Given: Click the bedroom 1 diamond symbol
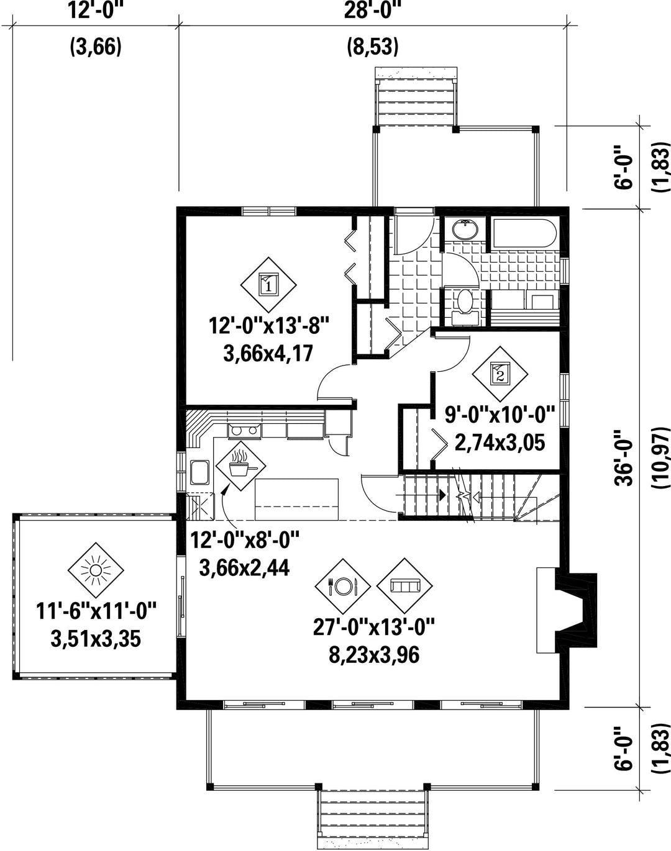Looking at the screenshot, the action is click(x=269, y=285).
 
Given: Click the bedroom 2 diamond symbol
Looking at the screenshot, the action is click(x=500, y=374).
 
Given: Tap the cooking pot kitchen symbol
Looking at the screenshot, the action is click(x=240, y=466).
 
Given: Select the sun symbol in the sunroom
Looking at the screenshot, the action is click(x=96, y=570).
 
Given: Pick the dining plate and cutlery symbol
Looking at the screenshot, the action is click(x=343, y=586).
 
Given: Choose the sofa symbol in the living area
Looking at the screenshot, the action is click(x=404, y=586).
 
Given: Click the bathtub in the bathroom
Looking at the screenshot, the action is click(x=524, y=234).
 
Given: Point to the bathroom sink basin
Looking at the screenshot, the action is click(x=465, y=230).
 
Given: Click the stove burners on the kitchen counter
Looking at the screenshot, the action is click(x=244, y=430).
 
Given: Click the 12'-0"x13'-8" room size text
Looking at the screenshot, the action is click(x=269, y=326).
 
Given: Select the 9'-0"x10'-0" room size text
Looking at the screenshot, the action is click(x=500, y=415).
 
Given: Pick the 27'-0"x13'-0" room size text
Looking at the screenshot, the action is click(x=374, y=627).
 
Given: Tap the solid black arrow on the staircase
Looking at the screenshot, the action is click(x=442, y=495).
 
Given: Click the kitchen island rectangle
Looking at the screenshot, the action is click(x=297, y=500).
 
